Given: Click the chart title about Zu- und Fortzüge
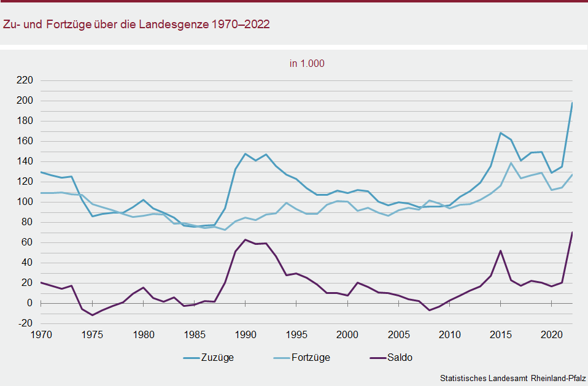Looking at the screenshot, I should pos(136,25).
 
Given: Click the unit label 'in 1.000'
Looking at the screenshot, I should pos(308,63).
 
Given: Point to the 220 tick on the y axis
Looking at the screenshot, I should pos(25,80).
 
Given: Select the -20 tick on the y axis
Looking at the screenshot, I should pos(25,323).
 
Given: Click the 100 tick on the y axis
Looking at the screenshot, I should pos(25,202).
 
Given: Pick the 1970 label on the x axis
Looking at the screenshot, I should pos(41,335).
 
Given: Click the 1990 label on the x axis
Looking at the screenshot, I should pos(246,335).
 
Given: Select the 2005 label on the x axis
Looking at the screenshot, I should pos(399,335).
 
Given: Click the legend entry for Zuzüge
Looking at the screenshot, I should pos(208,358).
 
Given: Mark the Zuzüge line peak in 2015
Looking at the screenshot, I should pos(501,133).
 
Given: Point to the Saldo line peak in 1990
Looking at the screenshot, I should pos(246,239).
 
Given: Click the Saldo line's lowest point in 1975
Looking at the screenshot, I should pos(92,315).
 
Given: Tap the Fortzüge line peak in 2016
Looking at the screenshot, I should pos(511,163).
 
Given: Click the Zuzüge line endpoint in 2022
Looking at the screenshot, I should pos(572,103).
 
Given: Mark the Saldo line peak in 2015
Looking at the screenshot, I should pos(501,250).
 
